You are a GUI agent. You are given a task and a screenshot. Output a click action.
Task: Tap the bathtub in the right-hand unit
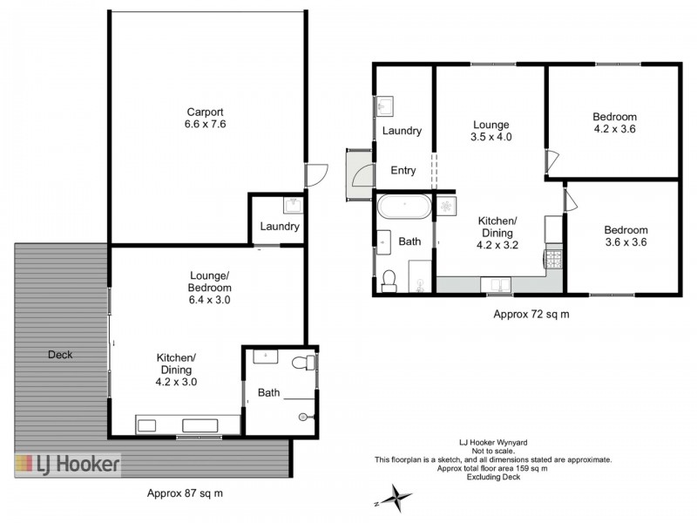point(403,210)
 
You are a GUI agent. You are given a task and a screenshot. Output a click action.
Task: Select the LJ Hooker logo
point(67,464)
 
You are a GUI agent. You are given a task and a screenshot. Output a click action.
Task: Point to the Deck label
point(60,355)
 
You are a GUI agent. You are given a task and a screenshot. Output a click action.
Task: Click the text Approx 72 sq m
point(531,313)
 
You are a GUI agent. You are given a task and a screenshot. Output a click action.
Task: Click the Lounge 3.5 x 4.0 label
point(491,131)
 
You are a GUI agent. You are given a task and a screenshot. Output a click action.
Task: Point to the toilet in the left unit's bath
point(299,362)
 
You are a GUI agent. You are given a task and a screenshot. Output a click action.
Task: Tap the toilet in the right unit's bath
point(389,280)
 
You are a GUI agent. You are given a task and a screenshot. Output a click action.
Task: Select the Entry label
point(403,171)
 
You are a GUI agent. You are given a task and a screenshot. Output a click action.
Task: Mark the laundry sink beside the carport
point(293,206)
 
